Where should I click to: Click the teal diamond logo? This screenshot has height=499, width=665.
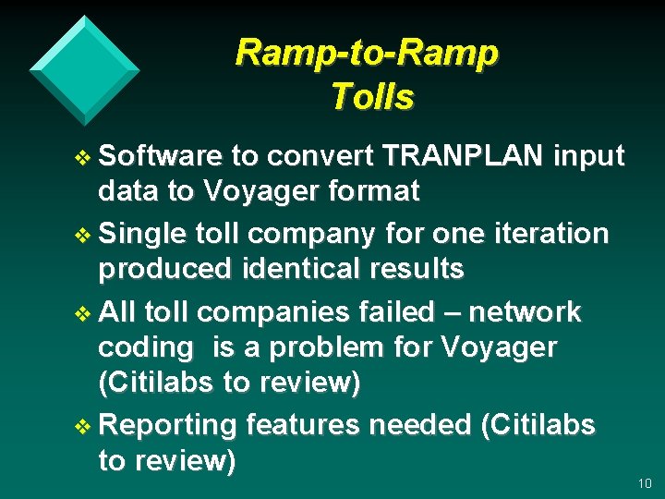(x=84, y=69)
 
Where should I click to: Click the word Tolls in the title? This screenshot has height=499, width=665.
(x=372, y=96)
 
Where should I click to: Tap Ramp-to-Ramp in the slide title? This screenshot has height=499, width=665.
(x=367, y=53)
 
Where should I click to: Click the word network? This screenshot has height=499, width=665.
(x=526, y=312)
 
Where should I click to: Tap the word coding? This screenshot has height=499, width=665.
(x=146, y=347)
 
